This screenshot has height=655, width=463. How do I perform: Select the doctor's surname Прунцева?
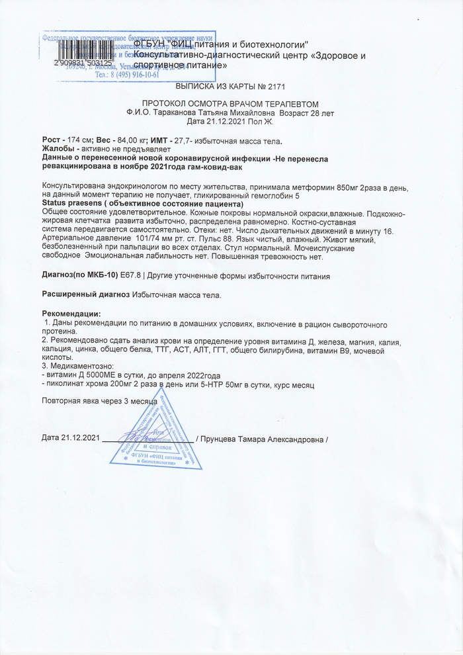coord(229,439)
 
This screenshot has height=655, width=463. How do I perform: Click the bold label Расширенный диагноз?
coord(86,294)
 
